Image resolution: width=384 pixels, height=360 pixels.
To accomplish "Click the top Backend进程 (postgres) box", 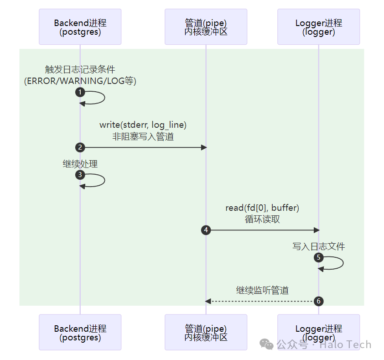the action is point(80,27).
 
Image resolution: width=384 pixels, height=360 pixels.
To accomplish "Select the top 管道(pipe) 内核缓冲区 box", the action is point(206,27).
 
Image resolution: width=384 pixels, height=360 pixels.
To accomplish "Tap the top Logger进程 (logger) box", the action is point(319,27).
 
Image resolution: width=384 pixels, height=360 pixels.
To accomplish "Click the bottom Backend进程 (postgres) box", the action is point(80,332).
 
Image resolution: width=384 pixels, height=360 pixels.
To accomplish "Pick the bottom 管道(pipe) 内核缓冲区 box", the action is point(206,332).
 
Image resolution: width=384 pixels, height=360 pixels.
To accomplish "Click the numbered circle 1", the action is point(80,92).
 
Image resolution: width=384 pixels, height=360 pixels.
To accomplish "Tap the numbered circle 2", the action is point(80,147).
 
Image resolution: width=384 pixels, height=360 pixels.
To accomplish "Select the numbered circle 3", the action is point(80,175).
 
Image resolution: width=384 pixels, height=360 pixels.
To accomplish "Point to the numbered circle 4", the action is point(206,230).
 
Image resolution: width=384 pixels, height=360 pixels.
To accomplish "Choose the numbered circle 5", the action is point(319,257).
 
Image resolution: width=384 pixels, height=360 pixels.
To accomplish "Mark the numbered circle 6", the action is point(319,301).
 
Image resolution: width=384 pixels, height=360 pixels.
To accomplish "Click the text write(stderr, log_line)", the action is point(143,125).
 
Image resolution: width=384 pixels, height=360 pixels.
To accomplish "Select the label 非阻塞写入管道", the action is point(143,136).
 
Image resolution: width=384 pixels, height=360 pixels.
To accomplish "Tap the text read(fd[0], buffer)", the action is point(262,208).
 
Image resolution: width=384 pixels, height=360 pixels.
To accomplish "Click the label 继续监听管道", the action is point(262,290).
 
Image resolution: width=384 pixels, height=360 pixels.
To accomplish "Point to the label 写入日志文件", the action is point(319,246).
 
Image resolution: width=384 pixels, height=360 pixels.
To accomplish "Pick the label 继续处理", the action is point(80,164).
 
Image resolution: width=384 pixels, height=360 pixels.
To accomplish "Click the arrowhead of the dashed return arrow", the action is point(208,301).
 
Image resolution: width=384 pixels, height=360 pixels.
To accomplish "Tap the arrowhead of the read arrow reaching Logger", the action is point(317,230).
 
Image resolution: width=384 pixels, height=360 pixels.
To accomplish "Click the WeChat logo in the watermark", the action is point(266,344).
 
